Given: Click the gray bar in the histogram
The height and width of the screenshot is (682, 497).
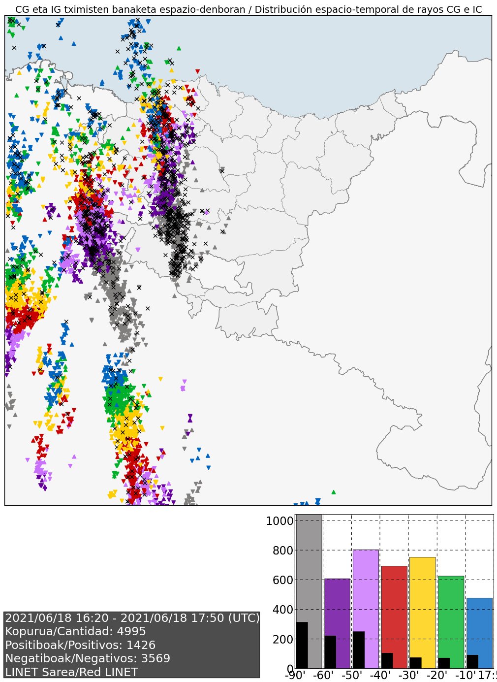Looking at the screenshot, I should [x=309, y=566].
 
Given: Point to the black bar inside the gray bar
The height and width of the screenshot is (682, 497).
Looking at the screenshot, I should [x=302, y=645].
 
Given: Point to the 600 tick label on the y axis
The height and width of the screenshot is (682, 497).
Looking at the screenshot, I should [x=282, y=580].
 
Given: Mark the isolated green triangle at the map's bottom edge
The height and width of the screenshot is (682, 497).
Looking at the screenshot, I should [x=334, y=492].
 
